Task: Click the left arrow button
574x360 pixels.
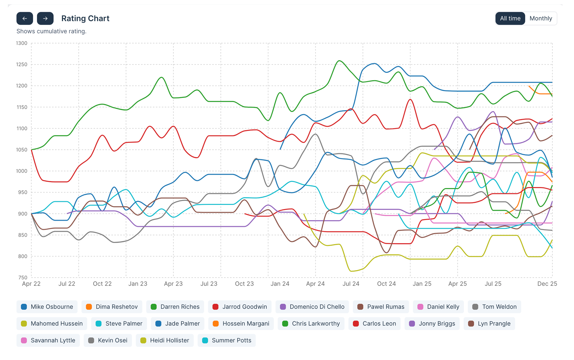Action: [x=25, y=18]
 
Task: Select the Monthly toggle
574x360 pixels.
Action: [x=541, y=18]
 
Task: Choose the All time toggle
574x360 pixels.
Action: [x=510, y=18]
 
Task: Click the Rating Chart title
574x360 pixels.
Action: [x=85, y=18]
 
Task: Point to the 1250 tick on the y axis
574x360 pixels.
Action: [x=22, y=65]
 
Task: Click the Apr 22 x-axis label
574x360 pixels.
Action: [x=31, y=284]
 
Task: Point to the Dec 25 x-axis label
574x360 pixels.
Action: [x=547, y=284]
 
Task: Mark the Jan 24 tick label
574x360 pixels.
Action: [x=280, y=284]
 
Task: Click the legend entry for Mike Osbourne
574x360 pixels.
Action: [x=47, y=307]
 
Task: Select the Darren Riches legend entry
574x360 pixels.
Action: [x=175, y=307]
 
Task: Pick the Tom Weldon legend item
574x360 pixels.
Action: [x=494, y=307]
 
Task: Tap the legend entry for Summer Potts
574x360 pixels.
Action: [x=226, y=340]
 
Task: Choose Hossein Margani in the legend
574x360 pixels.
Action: [x=241, y=323]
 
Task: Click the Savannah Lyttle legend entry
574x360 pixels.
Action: [x=48, y=340]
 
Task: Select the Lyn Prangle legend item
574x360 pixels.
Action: [x=489, y=323]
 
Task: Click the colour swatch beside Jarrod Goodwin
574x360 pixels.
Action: [x=215, y=307]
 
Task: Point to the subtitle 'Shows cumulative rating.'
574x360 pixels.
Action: [x=51, y=31]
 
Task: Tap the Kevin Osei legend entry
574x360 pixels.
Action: [x=108, y=340]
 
